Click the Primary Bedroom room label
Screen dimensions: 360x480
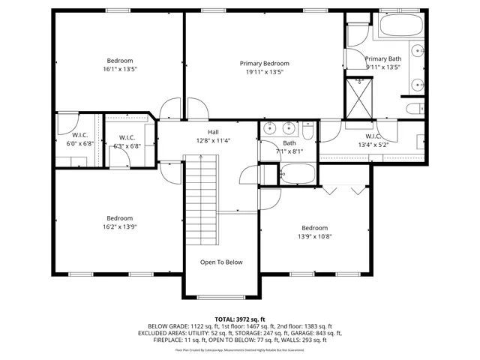264,64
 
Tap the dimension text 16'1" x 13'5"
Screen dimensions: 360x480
120,69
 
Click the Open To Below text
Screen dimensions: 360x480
220,262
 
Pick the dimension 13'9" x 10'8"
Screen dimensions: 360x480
315,236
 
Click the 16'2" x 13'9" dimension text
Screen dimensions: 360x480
120,226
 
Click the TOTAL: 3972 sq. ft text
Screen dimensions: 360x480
240,319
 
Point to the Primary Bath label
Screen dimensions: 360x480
382,58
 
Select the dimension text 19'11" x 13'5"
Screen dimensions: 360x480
264,73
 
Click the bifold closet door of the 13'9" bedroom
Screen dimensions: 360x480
345,190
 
